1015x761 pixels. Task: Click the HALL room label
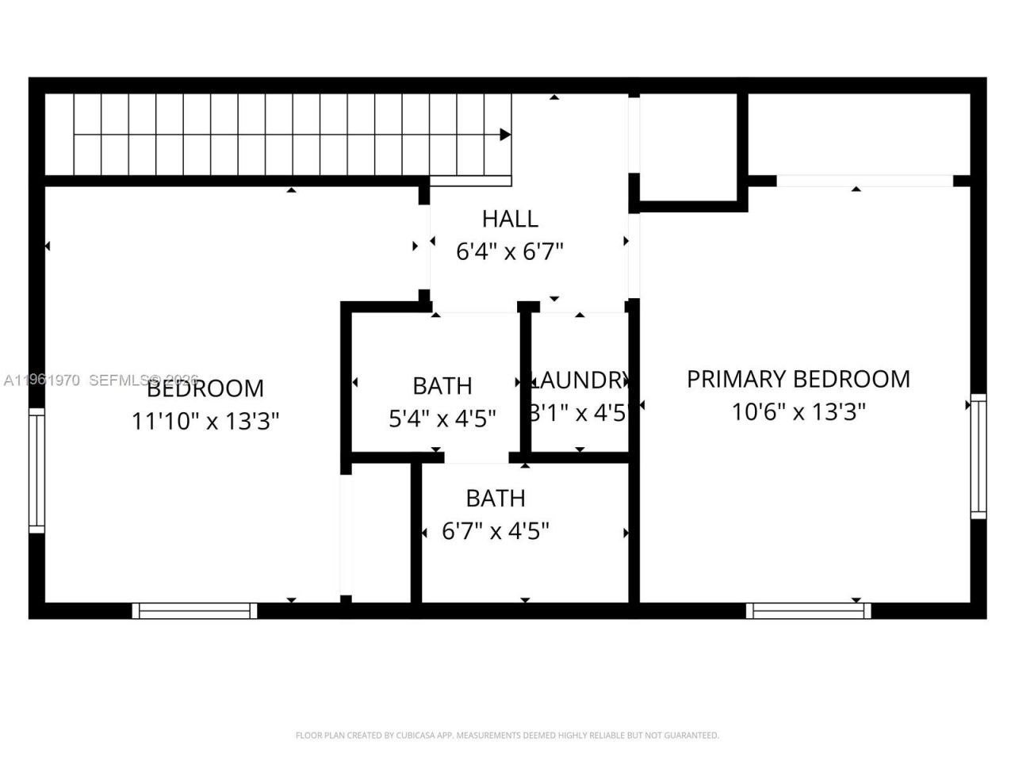coord(510,219)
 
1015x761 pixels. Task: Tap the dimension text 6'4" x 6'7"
coord(510,252)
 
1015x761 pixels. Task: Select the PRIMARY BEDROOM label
coord(798,379)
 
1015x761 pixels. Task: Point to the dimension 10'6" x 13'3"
coord(798,412)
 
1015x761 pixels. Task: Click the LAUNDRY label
coord(580,380)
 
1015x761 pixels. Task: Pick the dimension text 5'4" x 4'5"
coord(442,419)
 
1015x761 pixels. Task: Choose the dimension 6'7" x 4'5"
coord(496,531)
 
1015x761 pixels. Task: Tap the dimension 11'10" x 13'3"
coord(205,421)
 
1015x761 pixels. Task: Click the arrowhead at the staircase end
coord(505,135)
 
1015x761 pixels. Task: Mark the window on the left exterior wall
coord(36,470)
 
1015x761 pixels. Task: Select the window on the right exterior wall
coord(979,457)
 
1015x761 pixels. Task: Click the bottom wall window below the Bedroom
coord(194,610)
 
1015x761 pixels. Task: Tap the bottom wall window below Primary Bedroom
coord(808,610)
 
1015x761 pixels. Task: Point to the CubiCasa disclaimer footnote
coord(507,736)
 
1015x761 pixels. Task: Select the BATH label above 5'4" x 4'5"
coord(442,386)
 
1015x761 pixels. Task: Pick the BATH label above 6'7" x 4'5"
coord(496,499)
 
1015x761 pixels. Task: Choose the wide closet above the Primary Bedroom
coord(859,135)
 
